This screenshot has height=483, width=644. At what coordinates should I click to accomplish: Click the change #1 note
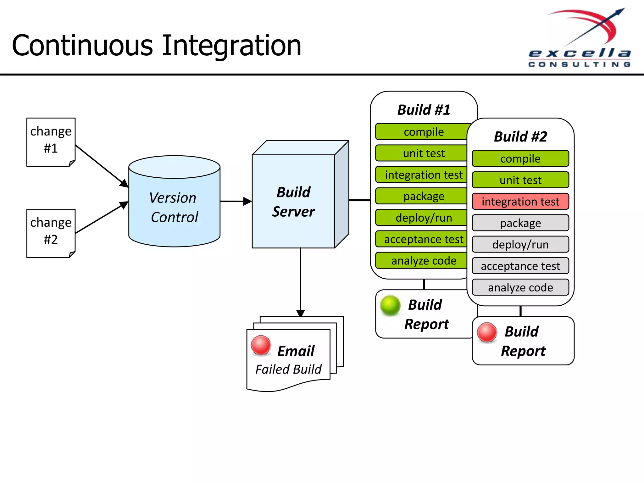pos(51,142)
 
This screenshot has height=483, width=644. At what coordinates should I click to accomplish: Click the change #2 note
pos(51,233)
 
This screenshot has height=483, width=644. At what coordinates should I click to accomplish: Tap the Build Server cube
pos(294,202)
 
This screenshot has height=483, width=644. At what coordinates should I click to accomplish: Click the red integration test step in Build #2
pos(520,202)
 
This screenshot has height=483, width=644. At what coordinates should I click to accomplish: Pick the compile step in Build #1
pos(423,132)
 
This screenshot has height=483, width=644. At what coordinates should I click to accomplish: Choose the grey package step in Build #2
pos(520,223)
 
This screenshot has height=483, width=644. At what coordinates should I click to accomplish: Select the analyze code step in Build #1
pos(423,261)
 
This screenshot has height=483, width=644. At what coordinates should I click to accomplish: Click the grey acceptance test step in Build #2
pos(520,266)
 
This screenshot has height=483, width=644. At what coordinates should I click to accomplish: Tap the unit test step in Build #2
pos(520,180)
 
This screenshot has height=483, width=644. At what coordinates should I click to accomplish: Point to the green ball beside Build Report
pos(390,305)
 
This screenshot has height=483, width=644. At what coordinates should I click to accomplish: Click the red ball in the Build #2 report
pos(487,332)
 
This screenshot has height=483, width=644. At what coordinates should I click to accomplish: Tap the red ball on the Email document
pos(261,345)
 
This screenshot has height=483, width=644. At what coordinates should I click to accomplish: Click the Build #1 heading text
pos(424,110)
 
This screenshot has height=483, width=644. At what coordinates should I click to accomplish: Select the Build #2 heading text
pos(520,136)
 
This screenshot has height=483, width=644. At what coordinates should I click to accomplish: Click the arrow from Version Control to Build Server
pos(236,201)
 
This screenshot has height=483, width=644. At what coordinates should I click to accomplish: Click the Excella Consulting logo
pos(580,38)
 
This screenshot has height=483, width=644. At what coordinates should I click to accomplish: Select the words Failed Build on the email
pos(288,369)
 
